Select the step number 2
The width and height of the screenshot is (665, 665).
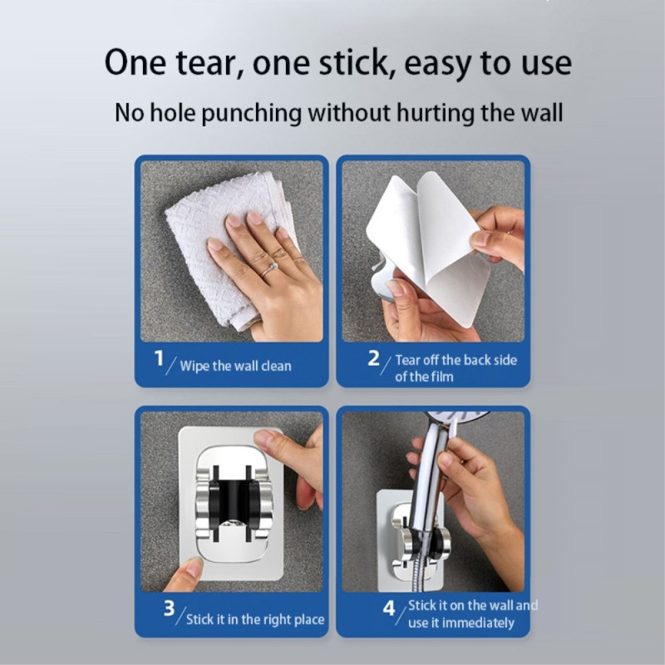374,358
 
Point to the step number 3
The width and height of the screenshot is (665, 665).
169,609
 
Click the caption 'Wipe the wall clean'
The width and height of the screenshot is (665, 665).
235,366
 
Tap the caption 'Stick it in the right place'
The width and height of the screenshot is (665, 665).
255,619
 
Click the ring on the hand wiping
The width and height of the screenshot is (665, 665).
270,269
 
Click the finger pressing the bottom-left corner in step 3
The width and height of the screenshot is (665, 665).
187,571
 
